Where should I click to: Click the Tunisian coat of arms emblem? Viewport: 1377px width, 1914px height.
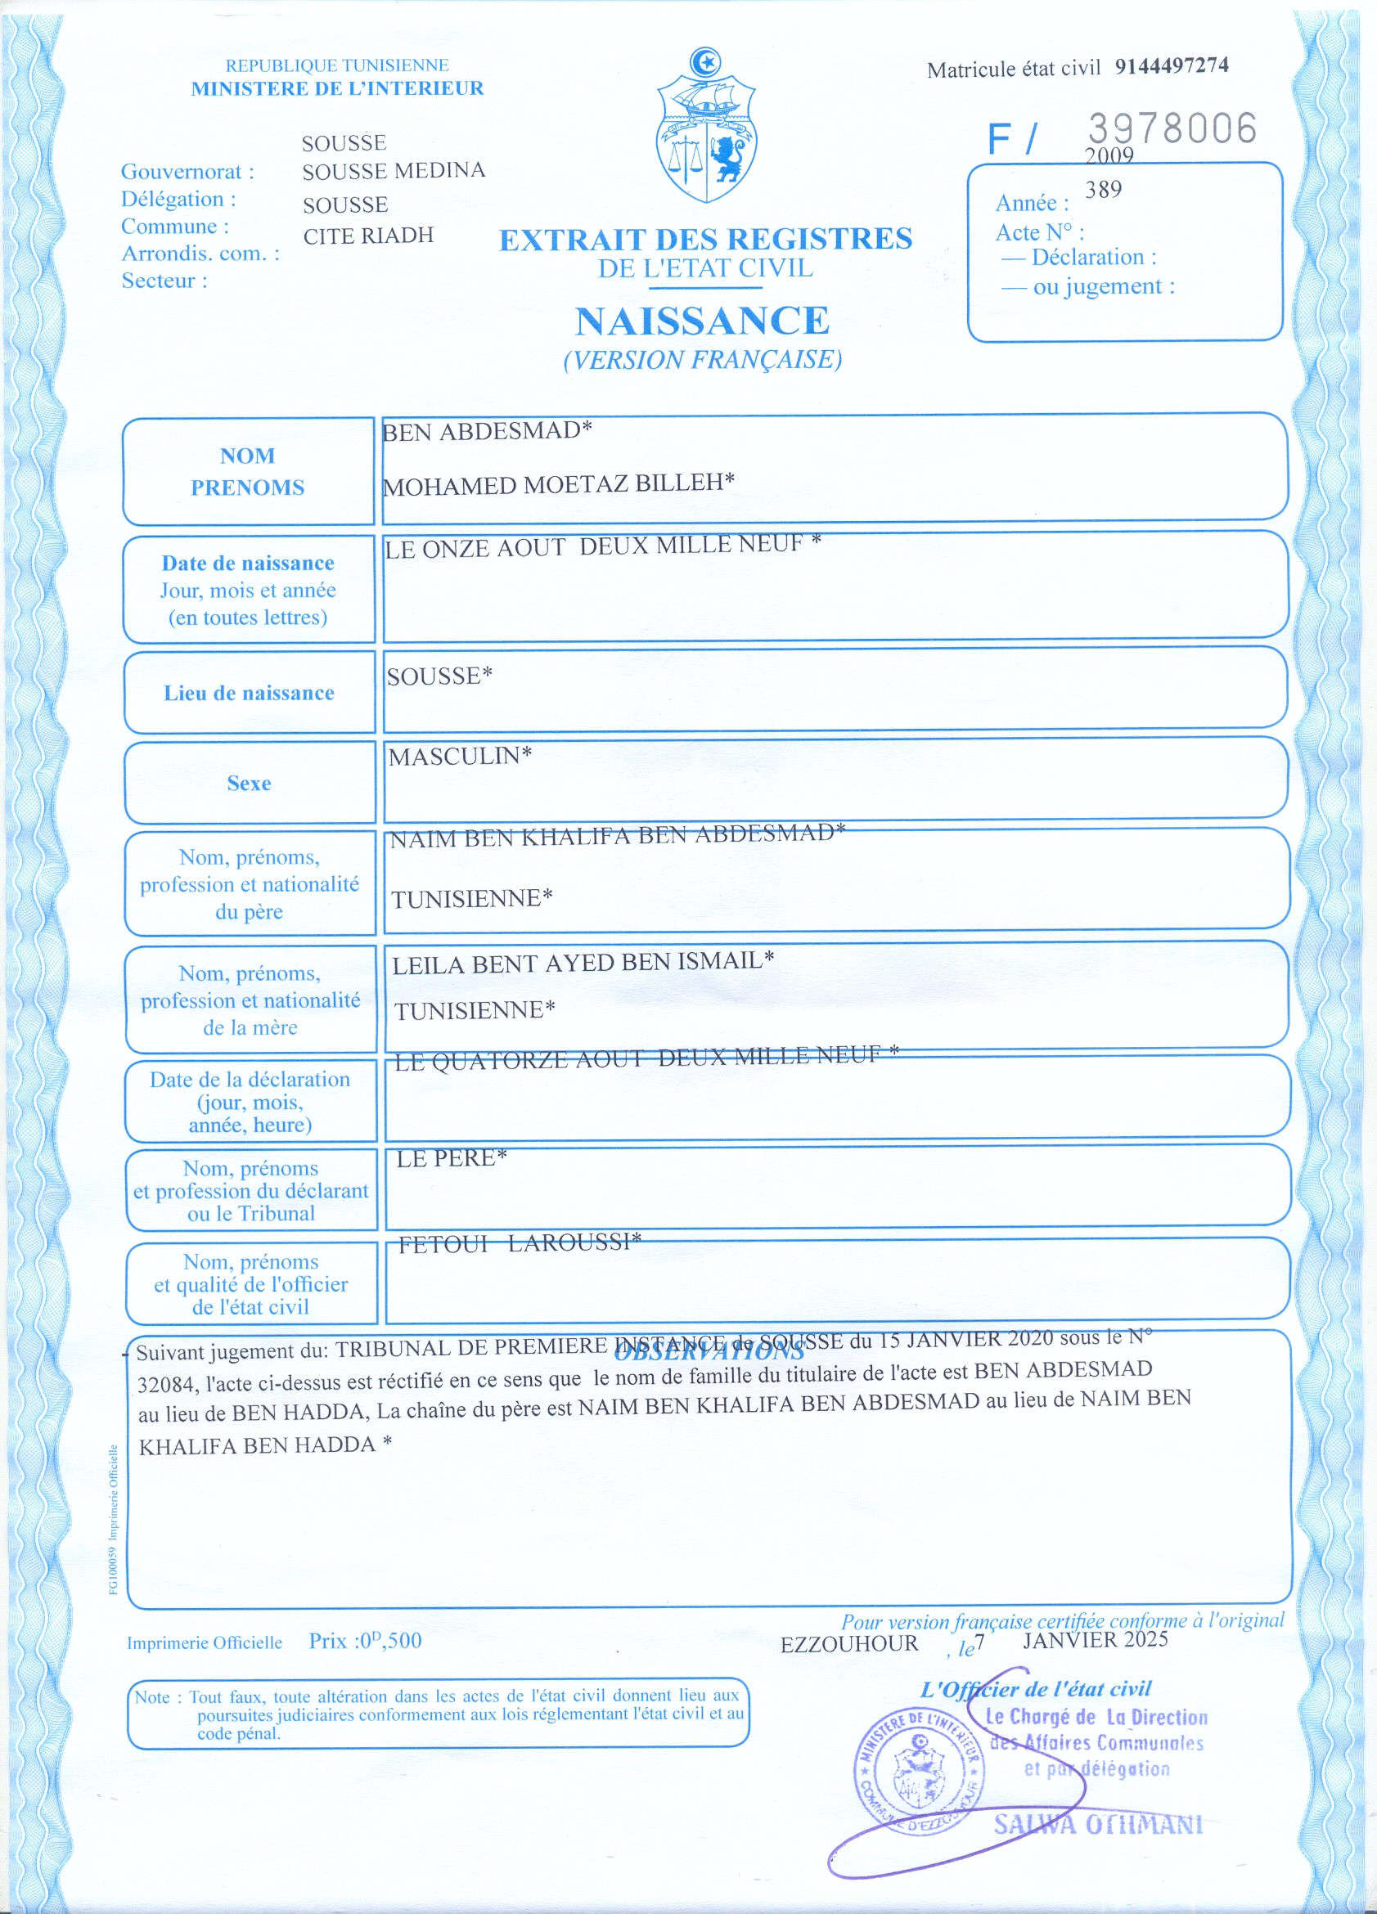point(706,127)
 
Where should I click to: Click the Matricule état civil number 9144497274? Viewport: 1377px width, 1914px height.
point(1171,65)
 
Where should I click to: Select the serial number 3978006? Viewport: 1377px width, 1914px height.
point(1172,128)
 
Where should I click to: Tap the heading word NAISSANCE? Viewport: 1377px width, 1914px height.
point(703,321)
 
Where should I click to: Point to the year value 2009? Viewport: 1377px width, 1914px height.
point(1109,155)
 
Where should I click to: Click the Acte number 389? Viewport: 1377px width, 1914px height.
point(1104,190)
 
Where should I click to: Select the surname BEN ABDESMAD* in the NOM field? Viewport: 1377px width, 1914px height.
point(487,432)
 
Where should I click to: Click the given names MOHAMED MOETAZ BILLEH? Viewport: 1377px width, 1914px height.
point(558,484)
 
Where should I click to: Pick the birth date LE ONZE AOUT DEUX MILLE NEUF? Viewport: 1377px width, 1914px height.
point(602,546)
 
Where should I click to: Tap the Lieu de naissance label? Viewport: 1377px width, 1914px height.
point(249,694)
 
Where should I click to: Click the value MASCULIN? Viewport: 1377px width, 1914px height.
point(459,756)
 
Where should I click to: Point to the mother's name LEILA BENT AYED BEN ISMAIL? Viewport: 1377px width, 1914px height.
point(583,962)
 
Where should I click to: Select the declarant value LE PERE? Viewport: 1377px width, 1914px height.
point(451,1159)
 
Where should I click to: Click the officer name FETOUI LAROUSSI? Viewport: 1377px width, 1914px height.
point(520,1243)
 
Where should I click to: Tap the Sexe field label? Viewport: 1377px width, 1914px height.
point(249,784)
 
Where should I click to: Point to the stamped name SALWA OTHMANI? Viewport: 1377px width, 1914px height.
point(1097,1825)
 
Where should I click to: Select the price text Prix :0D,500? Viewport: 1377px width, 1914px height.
point(365,1642)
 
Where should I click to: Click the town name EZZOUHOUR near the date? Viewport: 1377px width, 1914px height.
point(848,1644)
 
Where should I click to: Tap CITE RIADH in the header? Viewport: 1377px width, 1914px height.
point(368,236)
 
